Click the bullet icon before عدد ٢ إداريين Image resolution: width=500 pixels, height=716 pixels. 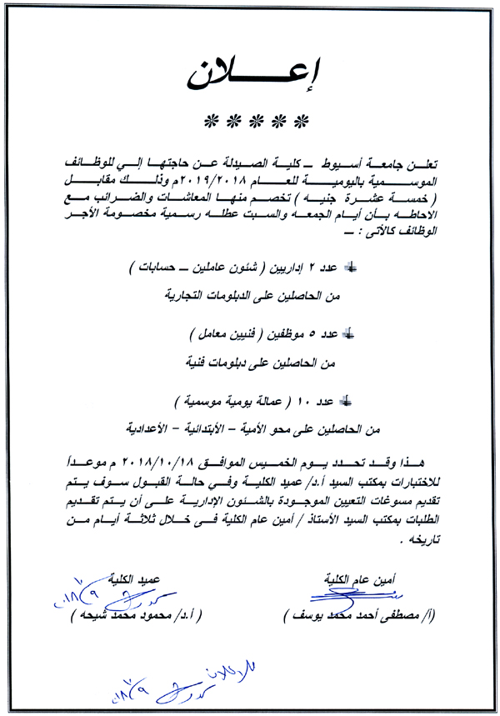tap(349, 268)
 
